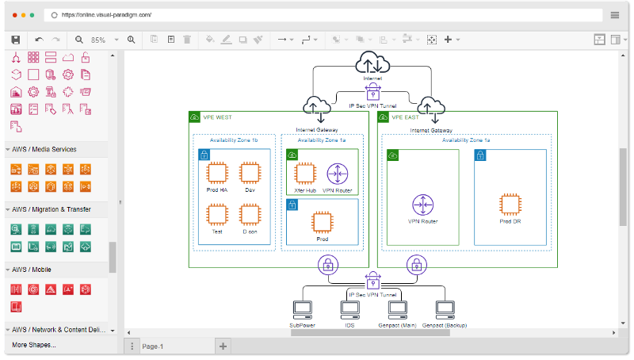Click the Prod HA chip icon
[217, 174]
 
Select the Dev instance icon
[250, 174]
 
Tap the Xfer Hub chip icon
[305, 174]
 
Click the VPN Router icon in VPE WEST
[338, 174]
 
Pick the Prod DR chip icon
[510, 204]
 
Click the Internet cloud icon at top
[372, 63]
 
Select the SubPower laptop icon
[302, 309]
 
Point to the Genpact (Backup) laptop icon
[444, 309]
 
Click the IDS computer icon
[349, 309]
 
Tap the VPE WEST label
[217, 117]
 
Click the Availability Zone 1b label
[234, 140]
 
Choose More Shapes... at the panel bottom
[34, 345]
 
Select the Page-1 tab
[152, 347]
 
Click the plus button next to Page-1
[223, 346]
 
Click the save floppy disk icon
[15, 39]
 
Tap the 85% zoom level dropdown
[103, 40]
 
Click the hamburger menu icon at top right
[615, 15]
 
